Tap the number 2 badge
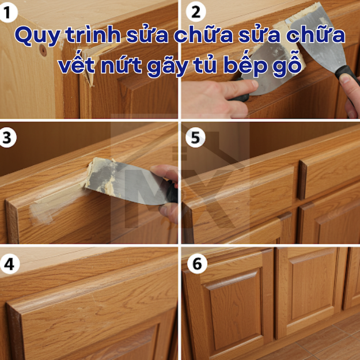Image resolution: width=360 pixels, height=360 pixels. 196,12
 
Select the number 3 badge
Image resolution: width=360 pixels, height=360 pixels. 7,138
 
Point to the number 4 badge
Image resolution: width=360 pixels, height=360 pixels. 9,264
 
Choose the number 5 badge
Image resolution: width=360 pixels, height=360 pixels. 195,138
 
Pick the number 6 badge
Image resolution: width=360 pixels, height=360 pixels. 197,264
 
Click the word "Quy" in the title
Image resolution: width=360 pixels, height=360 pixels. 37,36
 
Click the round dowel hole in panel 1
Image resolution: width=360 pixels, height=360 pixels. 43,50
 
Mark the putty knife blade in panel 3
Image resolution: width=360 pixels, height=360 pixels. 124,179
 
